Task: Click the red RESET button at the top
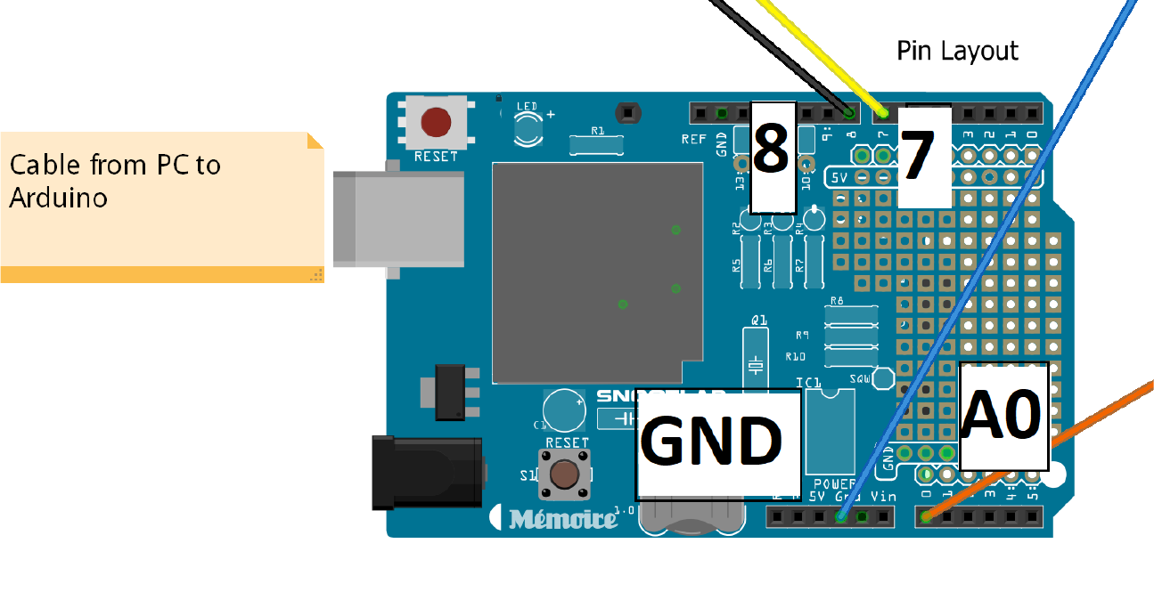[x=436, y=122]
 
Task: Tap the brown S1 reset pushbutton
[x=563, y=474]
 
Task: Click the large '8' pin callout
[x=772, y=157]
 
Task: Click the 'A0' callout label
[x=1003, y=416]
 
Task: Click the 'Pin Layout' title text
[x=957, y=51]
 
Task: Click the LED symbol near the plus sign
[x=528, y=126]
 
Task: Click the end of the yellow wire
[x=882, y=112]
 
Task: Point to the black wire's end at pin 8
[x=848, y=112]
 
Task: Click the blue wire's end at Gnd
[x=841, y=516]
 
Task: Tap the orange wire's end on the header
[x=927, y=516]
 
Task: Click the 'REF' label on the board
[x=693, y=139]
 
